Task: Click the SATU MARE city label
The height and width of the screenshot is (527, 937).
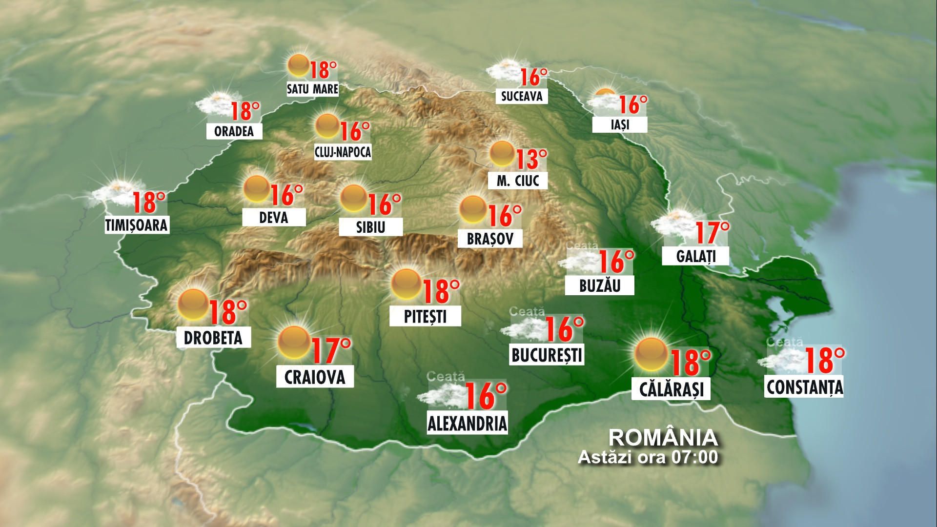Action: [312, 89]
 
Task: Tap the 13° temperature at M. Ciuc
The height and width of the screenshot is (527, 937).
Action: [530, 159]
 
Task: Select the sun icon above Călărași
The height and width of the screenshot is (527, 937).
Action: [652, 354]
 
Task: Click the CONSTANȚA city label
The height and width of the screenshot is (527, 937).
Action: [804, 387]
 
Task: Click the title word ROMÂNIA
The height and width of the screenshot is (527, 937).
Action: [663, 438]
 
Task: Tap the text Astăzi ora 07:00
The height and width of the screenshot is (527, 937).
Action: [648, 457]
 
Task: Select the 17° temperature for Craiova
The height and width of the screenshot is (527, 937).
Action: [330, 350]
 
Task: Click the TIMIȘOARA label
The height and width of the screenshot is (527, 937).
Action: [137, 225]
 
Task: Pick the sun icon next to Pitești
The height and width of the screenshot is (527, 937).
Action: [407, 284]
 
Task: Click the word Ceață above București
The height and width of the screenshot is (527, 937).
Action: [527, 311]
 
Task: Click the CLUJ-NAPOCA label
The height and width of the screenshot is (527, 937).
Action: [343, 152]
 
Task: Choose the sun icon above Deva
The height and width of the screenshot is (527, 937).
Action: [257, 189]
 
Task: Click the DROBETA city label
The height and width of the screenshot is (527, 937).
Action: [213, 338]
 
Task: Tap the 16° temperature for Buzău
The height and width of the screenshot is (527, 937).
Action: [616, 262]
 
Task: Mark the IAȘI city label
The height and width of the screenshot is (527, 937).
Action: [620, 125]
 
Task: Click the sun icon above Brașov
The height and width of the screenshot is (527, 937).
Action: [473, 210]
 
